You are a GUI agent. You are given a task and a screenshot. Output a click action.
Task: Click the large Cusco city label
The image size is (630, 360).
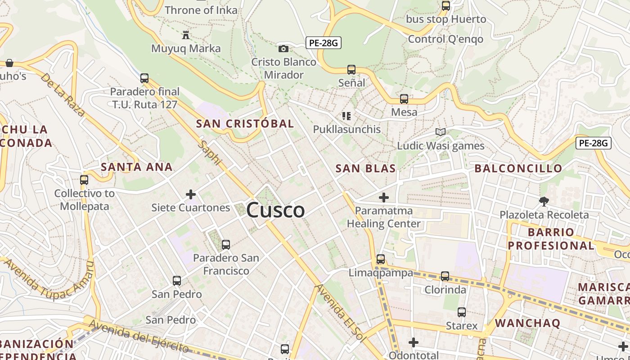tap(275, 210)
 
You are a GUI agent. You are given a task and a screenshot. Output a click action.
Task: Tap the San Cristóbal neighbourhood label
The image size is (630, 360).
tap(245, 123)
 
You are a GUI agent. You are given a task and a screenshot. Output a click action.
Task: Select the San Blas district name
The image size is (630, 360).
tap(365, 169)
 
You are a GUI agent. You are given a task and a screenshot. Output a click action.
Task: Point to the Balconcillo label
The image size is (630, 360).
tap(518, 169)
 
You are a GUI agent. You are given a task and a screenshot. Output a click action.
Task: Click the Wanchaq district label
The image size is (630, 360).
tap(527, 323)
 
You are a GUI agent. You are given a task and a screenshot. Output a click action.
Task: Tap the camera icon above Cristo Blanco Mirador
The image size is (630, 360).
tap(283, 49)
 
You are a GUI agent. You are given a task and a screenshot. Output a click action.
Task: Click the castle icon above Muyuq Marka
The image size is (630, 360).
tap(185, 35)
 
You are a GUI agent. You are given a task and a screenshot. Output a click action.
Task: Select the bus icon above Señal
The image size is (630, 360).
tap(351, 70)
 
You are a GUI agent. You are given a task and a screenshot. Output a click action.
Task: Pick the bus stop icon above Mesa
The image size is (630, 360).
tap(404, 99)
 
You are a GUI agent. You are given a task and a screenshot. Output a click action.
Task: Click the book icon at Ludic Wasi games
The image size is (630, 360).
tap(441, 132)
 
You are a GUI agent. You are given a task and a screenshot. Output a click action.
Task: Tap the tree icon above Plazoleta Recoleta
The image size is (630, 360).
tap(544, 201)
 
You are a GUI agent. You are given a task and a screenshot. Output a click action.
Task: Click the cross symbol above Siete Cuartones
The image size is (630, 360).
tap(191, 194)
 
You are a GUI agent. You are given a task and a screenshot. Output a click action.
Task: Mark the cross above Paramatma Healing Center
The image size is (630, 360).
tap(384, 197)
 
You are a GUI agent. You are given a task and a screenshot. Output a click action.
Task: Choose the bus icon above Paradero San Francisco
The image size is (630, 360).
tap(226, 245)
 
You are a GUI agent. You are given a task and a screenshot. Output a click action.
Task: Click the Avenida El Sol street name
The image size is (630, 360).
tap(338, 313)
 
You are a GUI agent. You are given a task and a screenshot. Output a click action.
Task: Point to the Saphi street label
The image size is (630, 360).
tap(210, 153)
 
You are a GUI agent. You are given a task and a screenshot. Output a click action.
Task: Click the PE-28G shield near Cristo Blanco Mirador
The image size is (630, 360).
tap(323, 43)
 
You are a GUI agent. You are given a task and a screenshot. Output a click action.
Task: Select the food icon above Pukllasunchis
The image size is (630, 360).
tap(346, 116)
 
